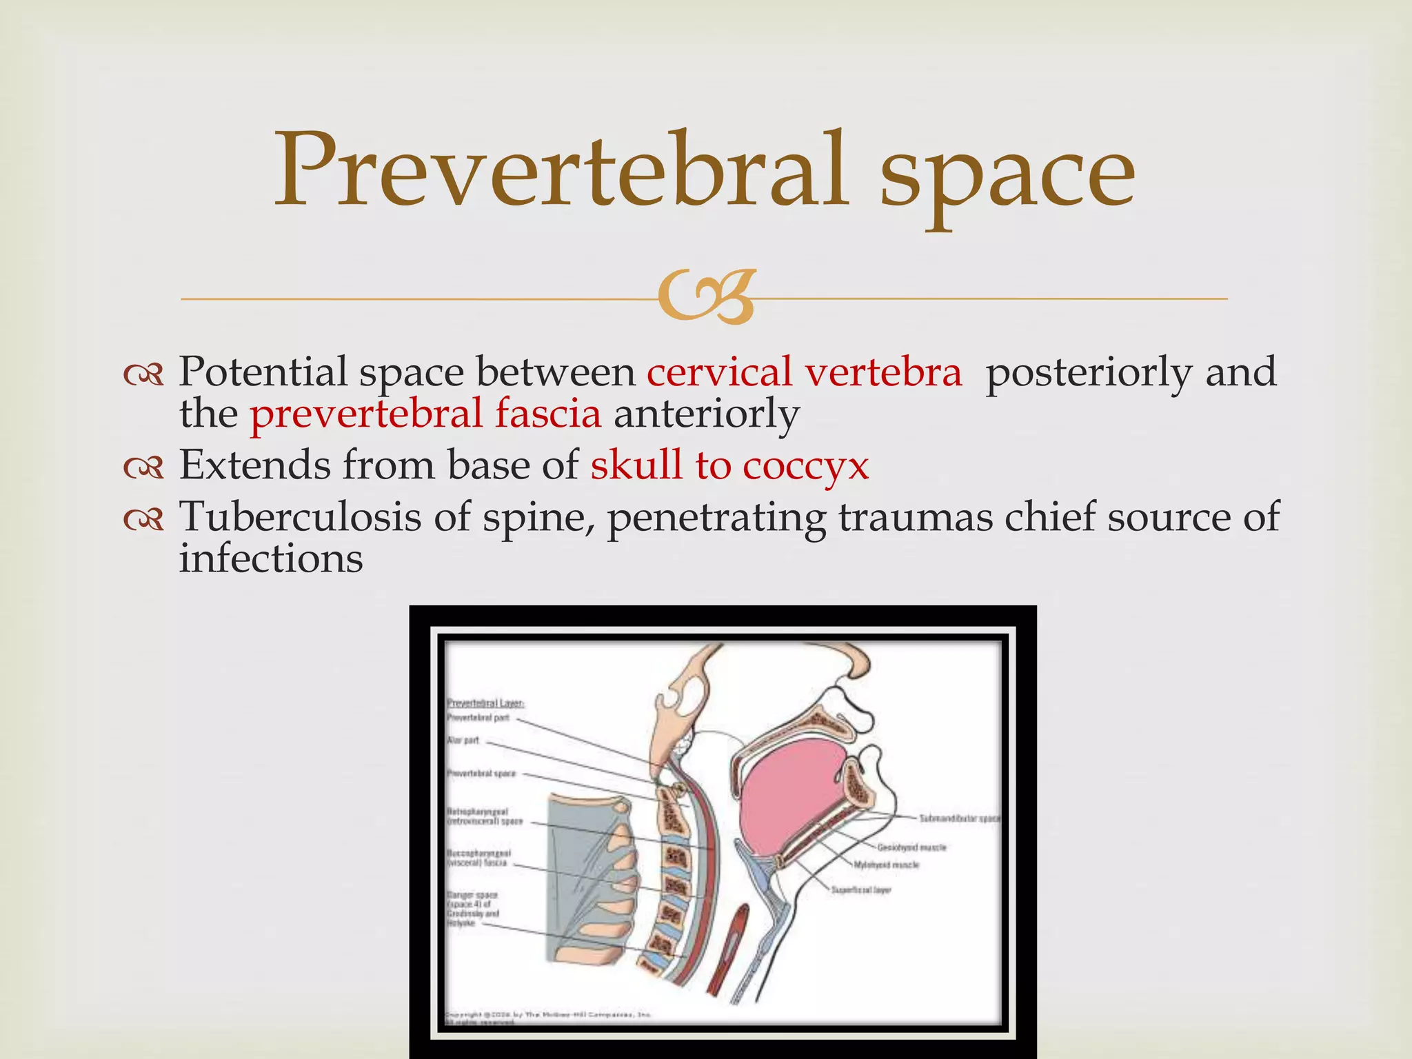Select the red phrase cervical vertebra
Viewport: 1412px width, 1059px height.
[804, 372]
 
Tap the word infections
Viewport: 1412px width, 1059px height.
[271, 558]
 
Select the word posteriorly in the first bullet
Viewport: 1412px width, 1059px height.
[1088, 373]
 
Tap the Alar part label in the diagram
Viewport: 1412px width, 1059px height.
[463, 740]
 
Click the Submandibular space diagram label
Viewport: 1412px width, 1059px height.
[959, 818]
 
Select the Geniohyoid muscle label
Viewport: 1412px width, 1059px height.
[911, 847]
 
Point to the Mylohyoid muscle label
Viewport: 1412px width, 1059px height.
[887, 865]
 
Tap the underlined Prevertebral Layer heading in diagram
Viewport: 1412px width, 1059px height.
[485, 703]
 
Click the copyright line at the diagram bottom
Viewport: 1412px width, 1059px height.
[548, 1015]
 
